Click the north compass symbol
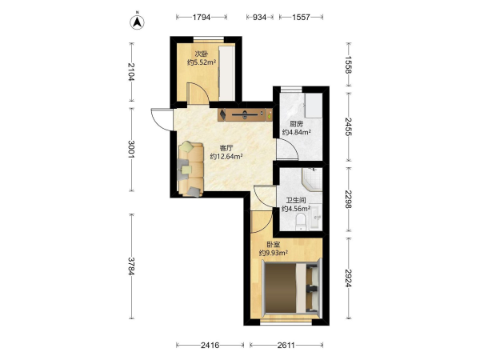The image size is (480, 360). (x=138, y=22)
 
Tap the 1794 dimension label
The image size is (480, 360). (x=202, y=17)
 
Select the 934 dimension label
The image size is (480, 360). (x=259, y=17)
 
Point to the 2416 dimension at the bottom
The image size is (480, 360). (x=210, y=346)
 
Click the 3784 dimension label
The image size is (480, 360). (x=131, y=266)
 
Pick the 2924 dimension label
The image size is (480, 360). (x=348, y=278)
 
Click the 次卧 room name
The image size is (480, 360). (x=202, y=54)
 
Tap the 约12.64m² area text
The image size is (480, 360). (x=226, y=157)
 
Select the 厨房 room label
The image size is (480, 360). (x=296, y=124)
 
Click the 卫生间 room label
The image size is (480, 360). (x=296, y=201)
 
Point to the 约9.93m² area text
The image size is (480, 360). (x=274, y=253)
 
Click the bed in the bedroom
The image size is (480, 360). (x=291, y=287)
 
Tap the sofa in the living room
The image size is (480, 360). (x=191, y=169)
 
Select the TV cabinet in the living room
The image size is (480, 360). (x=246, y=114)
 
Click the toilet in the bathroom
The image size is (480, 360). (x=301, y=222)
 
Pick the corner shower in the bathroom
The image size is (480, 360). (x=312, y=179)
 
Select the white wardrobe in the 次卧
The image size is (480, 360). (x=227, y=73)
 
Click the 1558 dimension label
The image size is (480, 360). (x=348, y=65)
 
